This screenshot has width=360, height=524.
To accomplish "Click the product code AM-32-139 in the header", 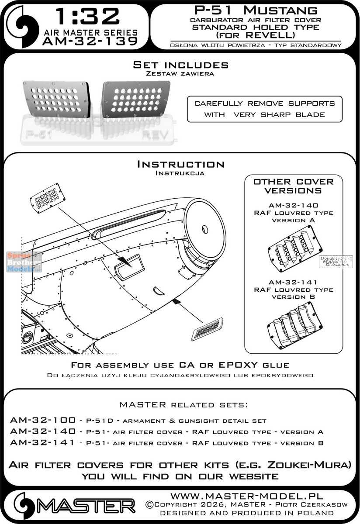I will (90, 41).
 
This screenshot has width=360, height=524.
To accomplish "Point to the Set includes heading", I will (180, 65).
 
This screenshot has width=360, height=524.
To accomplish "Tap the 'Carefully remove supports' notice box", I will (264, 109).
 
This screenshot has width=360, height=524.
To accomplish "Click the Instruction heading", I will (180, 165).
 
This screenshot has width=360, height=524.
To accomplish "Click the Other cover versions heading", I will (293, 186).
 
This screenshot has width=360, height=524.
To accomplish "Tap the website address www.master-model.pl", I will (246, 496).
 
